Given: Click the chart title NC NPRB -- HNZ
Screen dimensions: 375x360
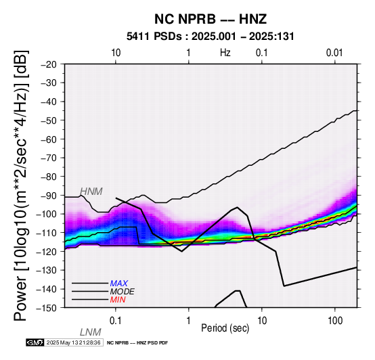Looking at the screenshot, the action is tap(211, 19).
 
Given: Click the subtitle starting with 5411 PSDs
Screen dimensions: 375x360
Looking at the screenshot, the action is tap(211, 37).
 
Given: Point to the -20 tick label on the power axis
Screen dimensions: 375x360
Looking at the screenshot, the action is tap(49, 64).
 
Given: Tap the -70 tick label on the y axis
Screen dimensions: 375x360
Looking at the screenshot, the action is tap(49, 158).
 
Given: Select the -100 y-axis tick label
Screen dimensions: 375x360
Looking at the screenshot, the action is tap(47, 214).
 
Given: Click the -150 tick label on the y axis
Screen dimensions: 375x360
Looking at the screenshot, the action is tap(47, 308).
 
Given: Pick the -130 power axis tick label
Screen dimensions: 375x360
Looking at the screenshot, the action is tap(47, 270).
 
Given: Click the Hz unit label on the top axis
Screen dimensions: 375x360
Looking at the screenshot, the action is tap(225, 53).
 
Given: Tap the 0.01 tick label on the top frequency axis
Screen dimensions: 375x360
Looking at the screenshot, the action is tap(334, 53).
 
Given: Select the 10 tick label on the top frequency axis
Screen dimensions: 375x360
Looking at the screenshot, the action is tap(116, 53).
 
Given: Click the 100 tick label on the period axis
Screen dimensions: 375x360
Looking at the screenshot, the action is tap(335, 321).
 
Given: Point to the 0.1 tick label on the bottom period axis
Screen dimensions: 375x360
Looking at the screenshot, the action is tap(116, 321).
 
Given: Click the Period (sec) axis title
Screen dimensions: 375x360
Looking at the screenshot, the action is tap(225, 328).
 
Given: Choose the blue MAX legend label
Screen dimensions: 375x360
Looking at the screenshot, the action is tap(119, 284).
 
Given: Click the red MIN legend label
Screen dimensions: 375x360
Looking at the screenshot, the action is tap(118, 300).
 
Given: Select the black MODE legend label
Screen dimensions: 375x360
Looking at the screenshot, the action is tap(123, 292).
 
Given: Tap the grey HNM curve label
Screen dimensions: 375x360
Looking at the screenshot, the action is tap(91, 192).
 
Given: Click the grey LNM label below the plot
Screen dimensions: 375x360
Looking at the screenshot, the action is tap(91, 332).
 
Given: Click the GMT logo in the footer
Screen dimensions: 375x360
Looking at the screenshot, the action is tap(35, 342).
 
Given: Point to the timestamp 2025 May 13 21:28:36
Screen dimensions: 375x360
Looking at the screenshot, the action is tap(74, 342).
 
